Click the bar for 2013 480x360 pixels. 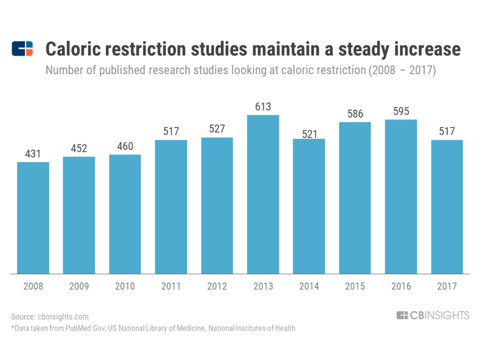pyautogui.click(x=263, y=194)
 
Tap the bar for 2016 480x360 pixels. pyautogui.click(x=401, y=196)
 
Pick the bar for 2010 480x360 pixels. pyautogui.click(x=125, y=213)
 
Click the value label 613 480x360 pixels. pyautogui.click(x=263, y=107)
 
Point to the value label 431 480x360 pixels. pyautogui.click(x=33, y=154)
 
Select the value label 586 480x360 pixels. pyautogui.click(x=355, y=114)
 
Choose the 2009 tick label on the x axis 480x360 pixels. pyautogui.click(x=79, y=286)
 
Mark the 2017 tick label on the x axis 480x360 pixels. pyautogui.click(x=447, y=286)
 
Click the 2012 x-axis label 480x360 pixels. pyautogui.click(x=217, y=286)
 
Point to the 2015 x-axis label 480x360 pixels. pyautogui.click(x=355, y=286)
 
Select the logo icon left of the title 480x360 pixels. pyautogui.click(x=22, y=49)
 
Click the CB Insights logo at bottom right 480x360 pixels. pyautogui.click(x=433, y=315)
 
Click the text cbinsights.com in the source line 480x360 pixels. pyautogui.click(x=63, y=316)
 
